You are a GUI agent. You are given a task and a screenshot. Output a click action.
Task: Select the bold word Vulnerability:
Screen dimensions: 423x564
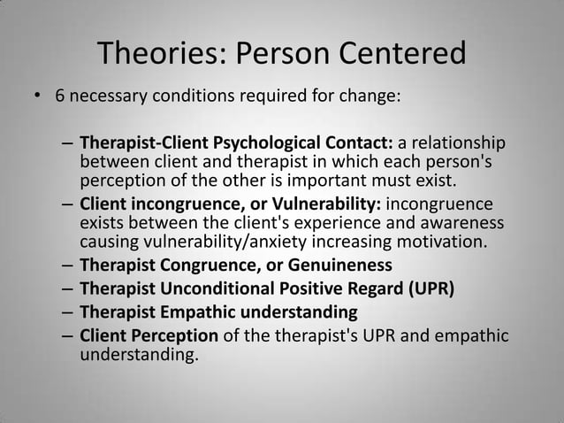click(322, 204)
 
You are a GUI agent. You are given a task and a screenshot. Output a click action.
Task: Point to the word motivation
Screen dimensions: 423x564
click(442, 240)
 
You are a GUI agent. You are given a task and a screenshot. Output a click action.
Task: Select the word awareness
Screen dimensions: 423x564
click(459, 222)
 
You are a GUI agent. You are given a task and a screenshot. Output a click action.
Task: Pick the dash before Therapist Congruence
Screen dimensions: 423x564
click(68, 265)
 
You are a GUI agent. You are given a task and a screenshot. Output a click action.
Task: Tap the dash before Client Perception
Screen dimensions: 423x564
click(68, 336)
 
